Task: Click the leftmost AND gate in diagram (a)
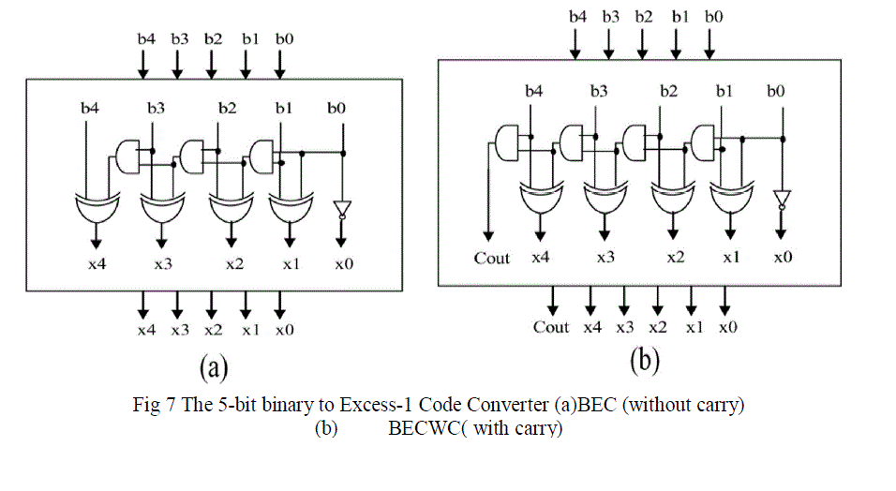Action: click(129, 156)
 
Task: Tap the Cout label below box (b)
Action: click(551, 327)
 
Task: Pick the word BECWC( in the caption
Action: click(418, 429)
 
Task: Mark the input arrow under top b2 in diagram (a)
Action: click(212, 64)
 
